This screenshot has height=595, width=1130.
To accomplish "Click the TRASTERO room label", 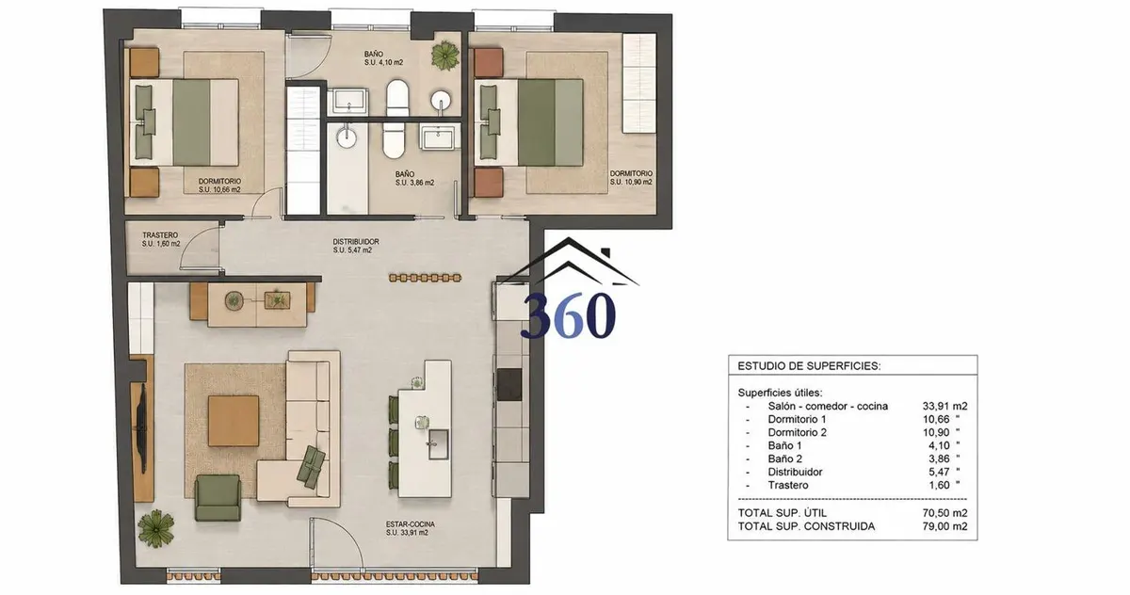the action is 160,235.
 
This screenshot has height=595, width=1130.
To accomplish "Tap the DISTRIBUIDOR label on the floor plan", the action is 356,242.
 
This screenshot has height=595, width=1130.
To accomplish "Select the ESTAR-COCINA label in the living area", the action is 411,523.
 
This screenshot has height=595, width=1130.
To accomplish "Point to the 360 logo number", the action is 568,315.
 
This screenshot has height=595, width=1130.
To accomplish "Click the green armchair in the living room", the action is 218,498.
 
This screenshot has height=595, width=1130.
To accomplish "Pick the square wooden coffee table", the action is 234,421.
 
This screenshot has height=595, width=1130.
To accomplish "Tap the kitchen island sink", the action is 438,444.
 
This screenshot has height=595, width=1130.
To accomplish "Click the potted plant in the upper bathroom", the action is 445,56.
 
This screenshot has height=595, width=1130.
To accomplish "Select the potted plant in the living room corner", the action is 156,528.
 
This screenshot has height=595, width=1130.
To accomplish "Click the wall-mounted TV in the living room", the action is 143,428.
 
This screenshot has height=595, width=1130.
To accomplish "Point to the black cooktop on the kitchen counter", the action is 509,384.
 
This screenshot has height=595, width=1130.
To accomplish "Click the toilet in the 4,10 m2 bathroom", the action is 397,97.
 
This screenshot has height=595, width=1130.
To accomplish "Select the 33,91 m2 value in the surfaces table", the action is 944,406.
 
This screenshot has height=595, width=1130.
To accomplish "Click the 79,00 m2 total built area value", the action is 944,526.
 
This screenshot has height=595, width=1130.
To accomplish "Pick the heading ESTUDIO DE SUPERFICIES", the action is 809,366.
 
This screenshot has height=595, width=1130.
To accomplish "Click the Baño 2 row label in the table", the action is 785,458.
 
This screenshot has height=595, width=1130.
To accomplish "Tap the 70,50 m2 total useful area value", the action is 944,513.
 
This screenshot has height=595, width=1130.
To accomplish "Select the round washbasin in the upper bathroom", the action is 441,101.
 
